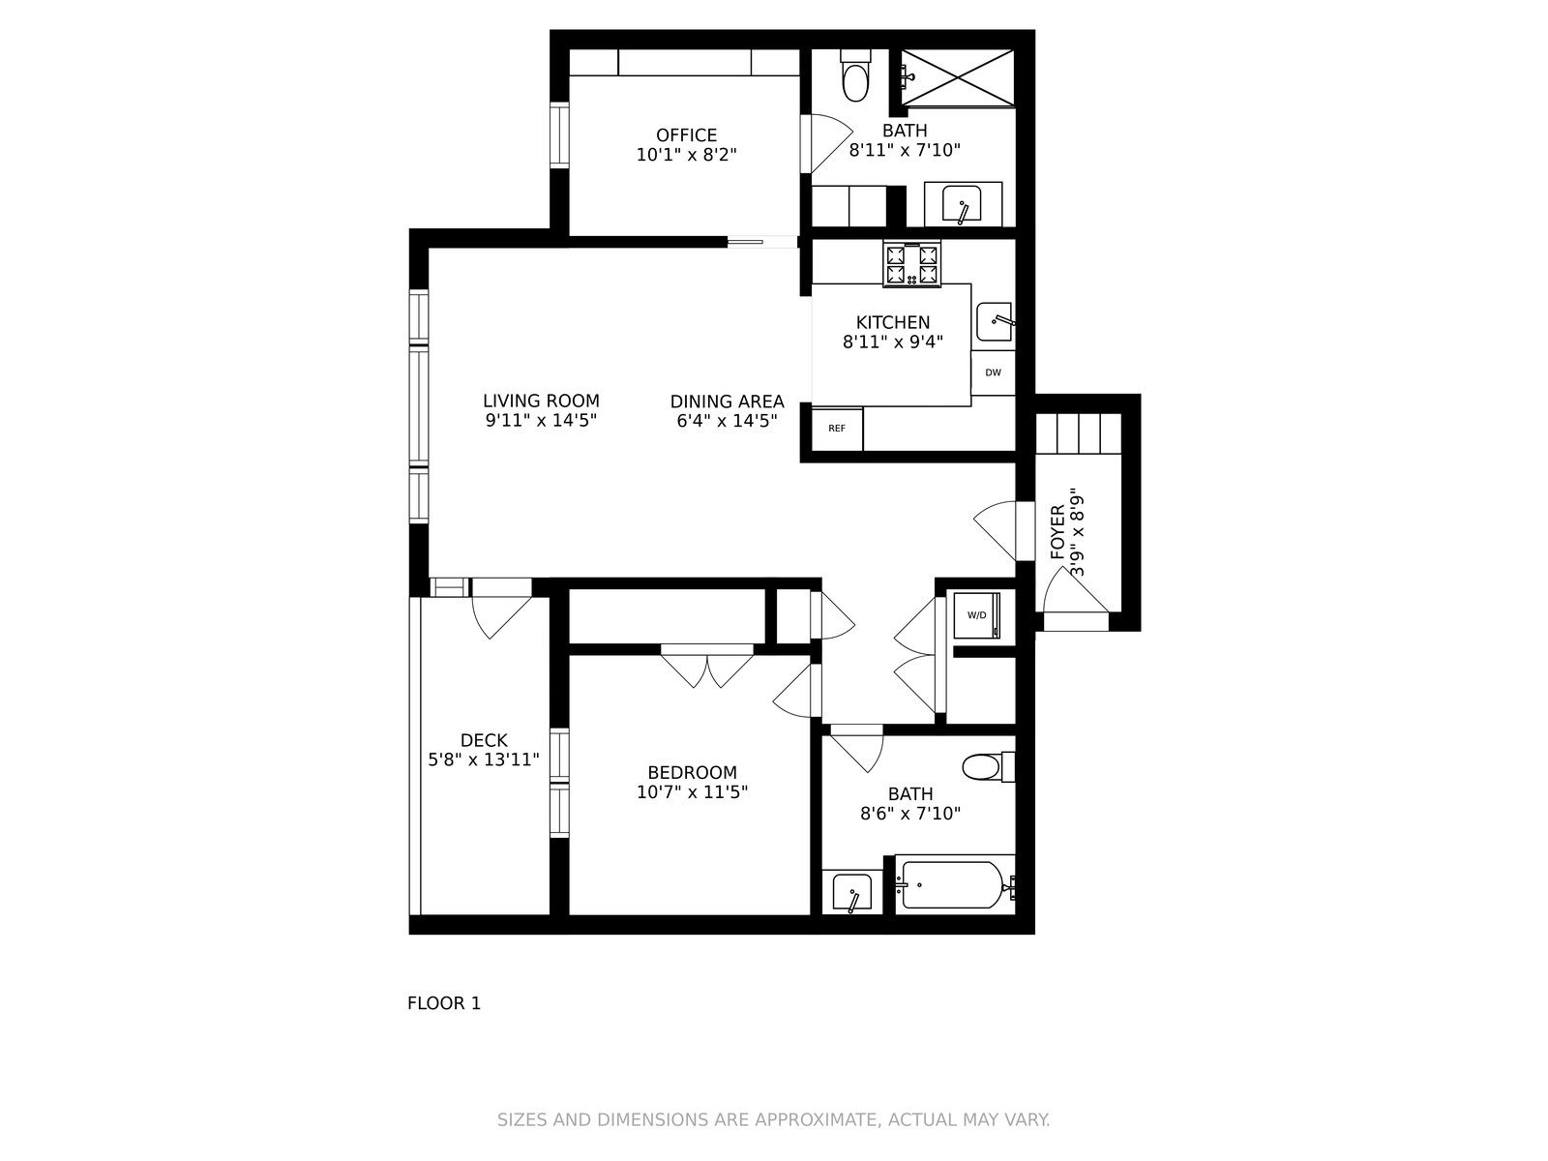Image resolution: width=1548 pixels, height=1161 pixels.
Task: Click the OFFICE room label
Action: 686,134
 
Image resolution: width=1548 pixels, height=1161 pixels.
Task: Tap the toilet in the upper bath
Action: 855,74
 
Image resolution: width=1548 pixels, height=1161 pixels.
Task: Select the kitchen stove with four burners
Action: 912,264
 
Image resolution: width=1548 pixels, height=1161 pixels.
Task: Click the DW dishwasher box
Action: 993,372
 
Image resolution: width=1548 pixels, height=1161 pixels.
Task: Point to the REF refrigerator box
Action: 837,429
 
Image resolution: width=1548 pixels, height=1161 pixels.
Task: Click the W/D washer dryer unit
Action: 977,615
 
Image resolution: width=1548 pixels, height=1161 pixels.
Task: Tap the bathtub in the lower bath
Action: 955,884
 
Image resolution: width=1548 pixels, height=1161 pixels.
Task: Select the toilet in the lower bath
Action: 989,767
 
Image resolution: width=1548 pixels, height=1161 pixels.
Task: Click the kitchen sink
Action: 995,322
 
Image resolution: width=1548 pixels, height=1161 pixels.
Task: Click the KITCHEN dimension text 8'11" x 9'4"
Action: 893,342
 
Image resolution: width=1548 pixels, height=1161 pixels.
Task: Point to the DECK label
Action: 484,740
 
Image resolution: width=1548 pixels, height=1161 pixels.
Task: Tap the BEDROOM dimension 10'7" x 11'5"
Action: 692,792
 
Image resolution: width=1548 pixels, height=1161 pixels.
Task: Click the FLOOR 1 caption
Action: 444,1003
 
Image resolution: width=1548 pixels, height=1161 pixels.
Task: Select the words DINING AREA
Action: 728,402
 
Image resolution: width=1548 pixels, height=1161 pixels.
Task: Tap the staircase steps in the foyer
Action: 1079,434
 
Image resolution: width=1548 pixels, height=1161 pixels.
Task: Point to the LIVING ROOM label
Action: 541,401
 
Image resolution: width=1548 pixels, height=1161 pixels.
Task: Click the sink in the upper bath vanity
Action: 962,204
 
